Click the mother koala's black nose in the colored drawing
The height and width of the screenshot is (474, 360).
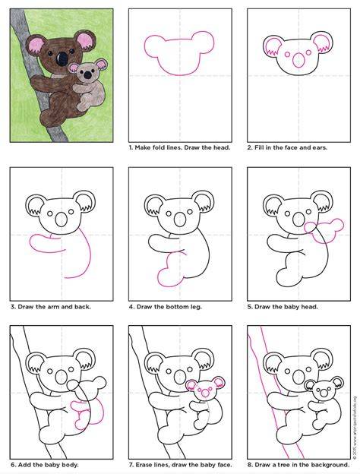[x=62, y=59]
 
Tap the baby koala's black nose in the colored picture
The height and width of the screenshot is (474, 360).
[x=87, y=74]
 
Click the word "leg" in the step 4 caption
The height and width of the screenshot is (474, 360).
[x=196, y=307]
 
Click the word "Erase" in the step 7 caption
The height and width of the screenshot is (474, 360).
[x=144, y=465]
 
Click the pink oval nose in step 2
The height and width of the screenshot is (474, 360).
[x=299, y=60]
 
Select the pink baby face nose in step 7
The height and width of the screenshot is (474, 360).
[x=205, y=393]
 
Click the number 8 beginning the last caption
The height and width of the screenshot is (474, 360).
[x=249, y=465]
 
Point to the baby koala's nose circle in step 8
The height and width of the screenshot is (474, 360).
[x=324, y=393]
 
